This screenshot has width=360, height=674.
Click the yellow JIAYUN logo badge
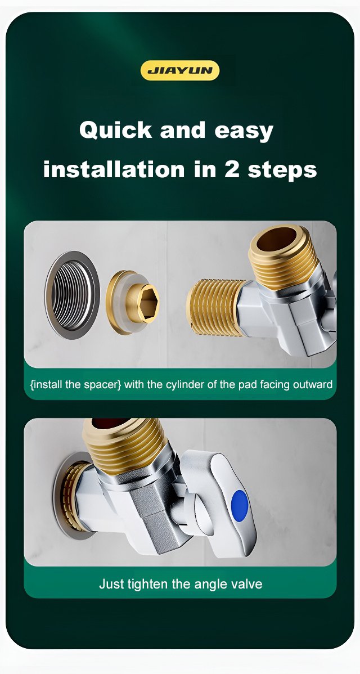click(x=180, y=70)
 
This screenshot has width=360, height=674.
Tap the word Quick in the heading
click(x=115, y=130)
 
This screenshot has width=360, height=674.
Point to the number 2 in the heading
click(x=232, y=169)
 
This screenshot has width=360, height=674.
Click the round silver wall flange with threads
click(x=73, y=295)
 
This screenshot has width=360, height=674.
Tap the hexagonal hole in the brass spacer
click(x=148, y=303)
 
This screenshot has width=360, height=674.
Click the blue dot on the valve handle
click(x=240, y=506)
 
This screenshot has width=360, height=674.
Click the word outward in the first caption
click(x=313, y=384)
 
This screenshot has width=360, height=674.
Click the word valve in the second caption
click(x=248, y=584)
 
